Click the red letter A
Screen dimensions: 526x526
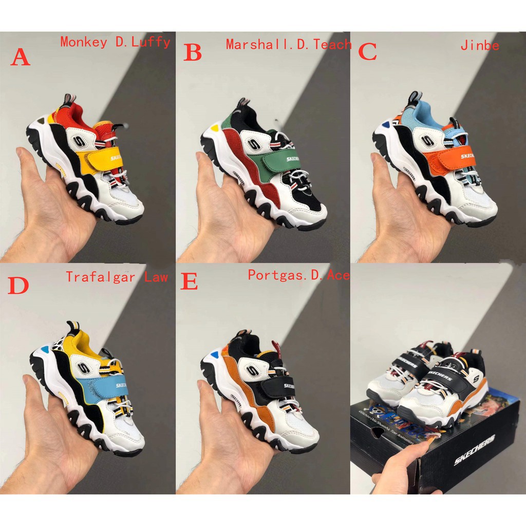point(21,57)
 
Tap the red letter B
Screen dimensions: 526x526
point(193,52)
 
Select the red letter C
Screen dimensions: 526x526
point(367,51)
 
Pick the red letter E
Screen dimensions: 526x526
point(189,283)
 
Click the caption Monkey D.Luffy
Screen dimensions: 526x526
point(115,42)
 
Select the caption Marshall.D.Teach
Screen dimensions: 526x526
point(289,44)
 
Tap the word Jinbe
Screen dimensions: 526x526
point(480,45)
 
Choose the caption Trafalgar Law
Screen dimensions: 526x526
point(117,277)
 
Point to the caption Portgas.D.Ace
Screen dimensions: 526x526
point(299,275)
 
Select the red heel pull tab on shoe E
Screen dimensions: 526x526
point(274,345)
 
